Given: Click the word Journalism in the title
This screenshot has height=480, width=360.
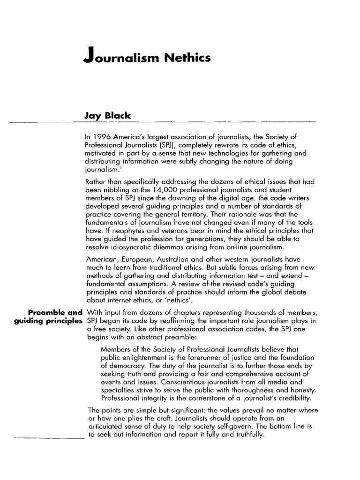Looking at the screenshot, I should point(119,58).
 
